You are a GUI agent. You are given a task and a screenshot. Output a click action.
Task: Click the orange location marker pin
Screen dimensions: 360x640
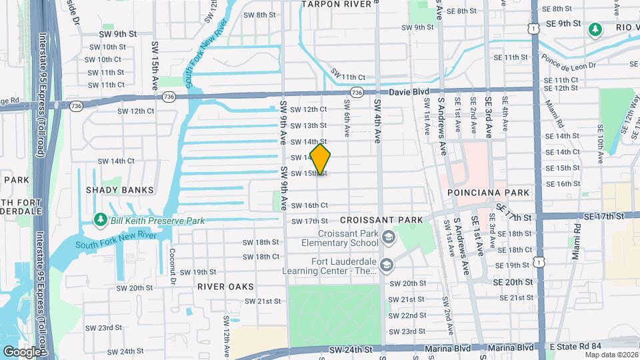tap(321, 159)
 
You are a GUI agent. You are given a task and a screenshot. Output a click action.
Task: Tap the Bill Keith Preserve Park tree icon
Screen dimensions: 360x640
tap(100, 219)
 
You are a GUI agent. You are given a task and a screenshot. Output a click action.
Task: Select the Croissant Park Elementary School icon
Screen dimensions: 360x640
tap(387, 236)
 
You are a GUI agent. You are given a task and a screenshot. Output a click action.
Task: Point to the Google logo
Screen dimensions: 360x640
tap(22, 351)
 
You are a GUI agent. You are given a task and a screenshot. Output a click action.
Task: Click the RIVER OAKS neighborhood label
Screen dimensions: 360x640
tap(225, 287)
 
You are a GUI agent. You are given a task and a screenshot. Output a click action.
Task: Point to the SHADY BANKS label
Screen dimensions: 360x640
tap(119, 190)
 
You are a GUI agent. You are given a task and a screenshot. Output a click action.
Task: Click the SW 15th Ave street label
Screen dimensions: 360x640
tap(155, 59)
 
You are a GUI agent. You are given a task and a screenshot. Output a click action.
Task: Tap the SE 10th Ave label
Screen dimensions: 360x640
tap(599, 141)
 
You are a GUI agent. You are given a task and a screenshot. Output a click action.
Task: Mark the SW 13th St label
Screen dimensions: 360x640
tap(308, 125)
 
